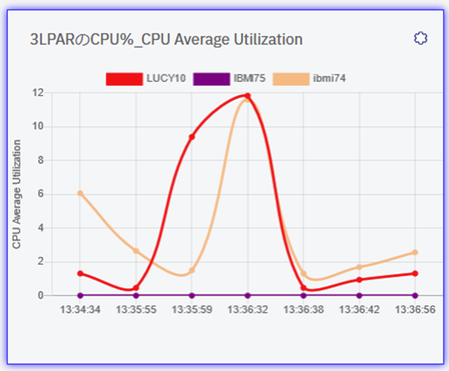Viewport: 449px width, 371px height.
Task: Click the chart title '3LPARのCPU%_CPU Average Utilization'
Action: [x=166, y=40]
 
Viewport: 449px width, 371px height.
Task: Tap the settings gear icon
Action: [x=420, y=38]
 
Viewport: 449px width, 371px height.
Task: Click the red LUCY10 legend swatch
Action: [x=124, y=79]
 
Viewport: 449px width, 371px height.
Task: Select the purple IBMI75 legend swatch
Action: [x=211, y=79]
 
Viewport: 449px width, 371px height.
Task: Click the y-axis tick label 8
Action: [x=40, y=160]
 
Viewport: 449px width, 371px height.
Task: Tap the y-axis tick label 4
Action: [x=40, y=228]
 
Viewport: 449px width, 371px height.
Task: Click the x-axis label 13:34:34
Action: [x=80, y=309]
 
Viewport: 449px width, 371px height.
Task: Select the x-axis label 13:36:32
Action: [x=247, y=309]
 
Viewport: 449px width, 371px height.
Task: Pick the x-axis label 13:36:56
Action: [x=415, y=309]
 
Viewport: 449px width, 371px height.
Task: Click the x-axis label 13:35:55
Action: [x=136, y=309]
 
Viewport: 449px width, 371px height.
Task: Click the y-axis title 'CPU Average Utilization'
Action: [x=17, y=194]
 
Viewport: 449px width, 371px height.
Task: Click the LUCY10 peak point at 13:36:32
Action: [x=247, y=96]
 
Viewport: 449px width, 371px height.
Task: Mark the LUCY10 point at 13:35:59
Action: [x=192, y=137]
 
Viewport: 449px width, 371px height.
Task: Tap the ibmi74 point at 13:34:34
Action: [x=80, y=193]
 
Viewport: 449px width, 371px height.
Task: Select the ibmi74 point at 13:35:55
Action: [x=136, y=251]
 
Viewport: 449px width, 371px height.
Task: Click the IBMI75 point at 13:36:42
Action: [x=359, y=295]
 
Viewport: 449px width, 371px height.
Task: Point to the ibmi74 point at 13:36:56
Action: [x=415, y=252]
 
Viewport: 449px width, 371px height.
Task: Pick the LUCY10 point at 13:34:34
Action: [x=80, y=273]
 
